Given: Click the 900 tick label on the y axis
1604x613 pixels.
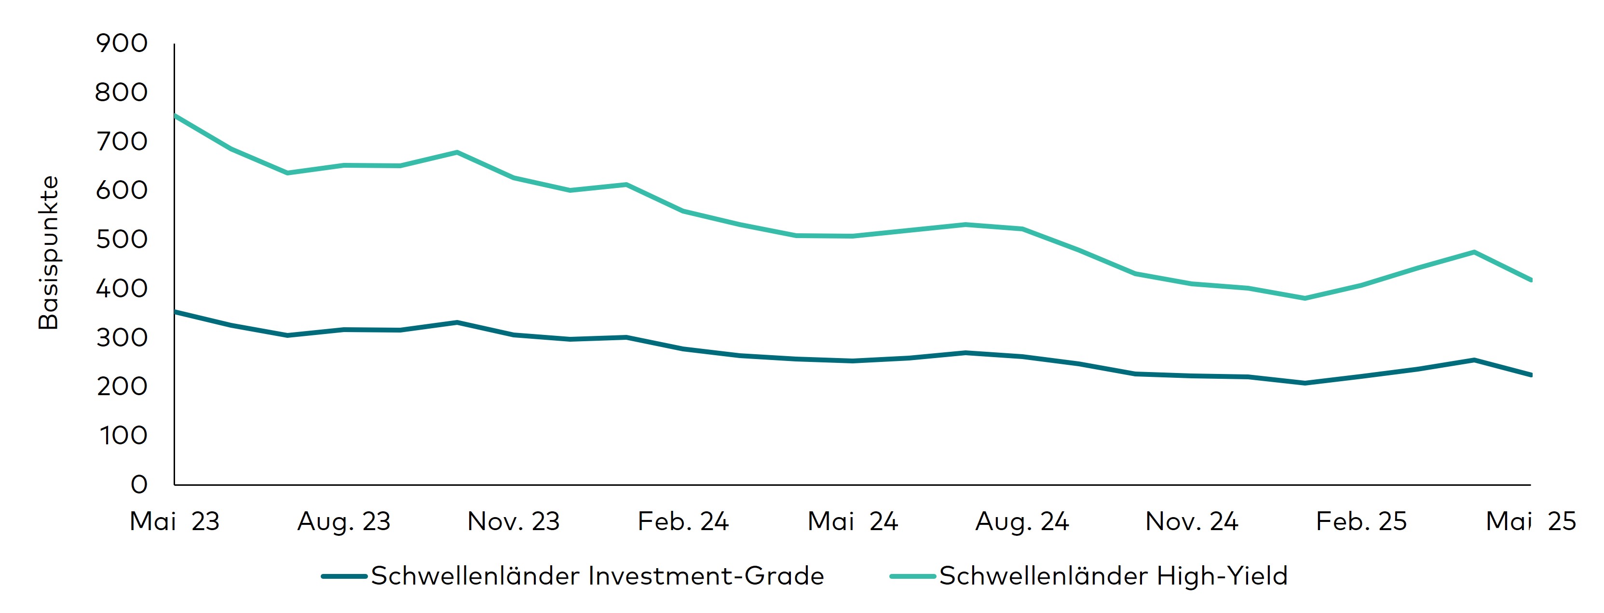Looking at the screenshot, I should (x=122, y=43).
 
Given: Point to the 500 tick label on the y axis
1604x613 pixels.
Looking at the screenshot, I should (x=122, y=240).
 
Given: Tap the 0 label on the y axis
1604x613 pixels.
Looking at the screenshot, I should (x=139, y=485).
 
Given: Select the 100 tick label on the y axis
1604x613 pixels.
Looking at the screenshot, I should (x=123, y=436).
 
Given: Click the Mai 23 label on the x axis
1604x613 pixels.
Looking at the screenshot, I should (x=175, y=521).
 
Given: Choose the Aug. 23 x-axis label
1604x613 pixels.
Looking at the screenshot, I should (x=344, y=521).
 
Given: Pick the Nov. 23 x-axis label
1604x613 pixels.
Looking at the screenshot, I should (x=514, y=521).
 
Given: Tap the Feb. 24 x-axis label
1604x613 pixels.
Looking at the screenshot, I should (x=683, y=521).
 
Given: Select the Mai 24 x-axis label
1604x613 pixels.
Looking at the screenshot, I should (x=853, y=521).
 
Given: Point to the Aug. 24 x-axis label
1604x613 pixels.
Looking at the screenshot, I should (x=1022, y=521).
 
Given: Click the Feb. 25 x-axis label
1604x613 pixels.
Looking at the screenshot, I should (x=1361, y=521).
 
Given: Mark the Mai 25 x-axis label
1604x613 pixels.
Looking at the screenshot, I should (x=1531, y=521).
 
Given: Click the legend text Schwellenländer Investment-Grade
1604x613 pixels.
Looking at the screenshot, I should (x=597, y=576).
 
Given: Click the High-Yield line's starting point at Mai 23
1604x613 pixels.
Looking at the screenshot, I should (x=176, y=116).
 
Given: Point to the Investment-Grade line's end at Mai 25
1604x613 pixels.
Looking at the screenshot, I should (x=1530, y=374).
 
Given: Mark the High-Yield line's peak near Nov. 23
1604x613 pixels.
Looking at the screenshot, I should (x=457, y=152).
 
